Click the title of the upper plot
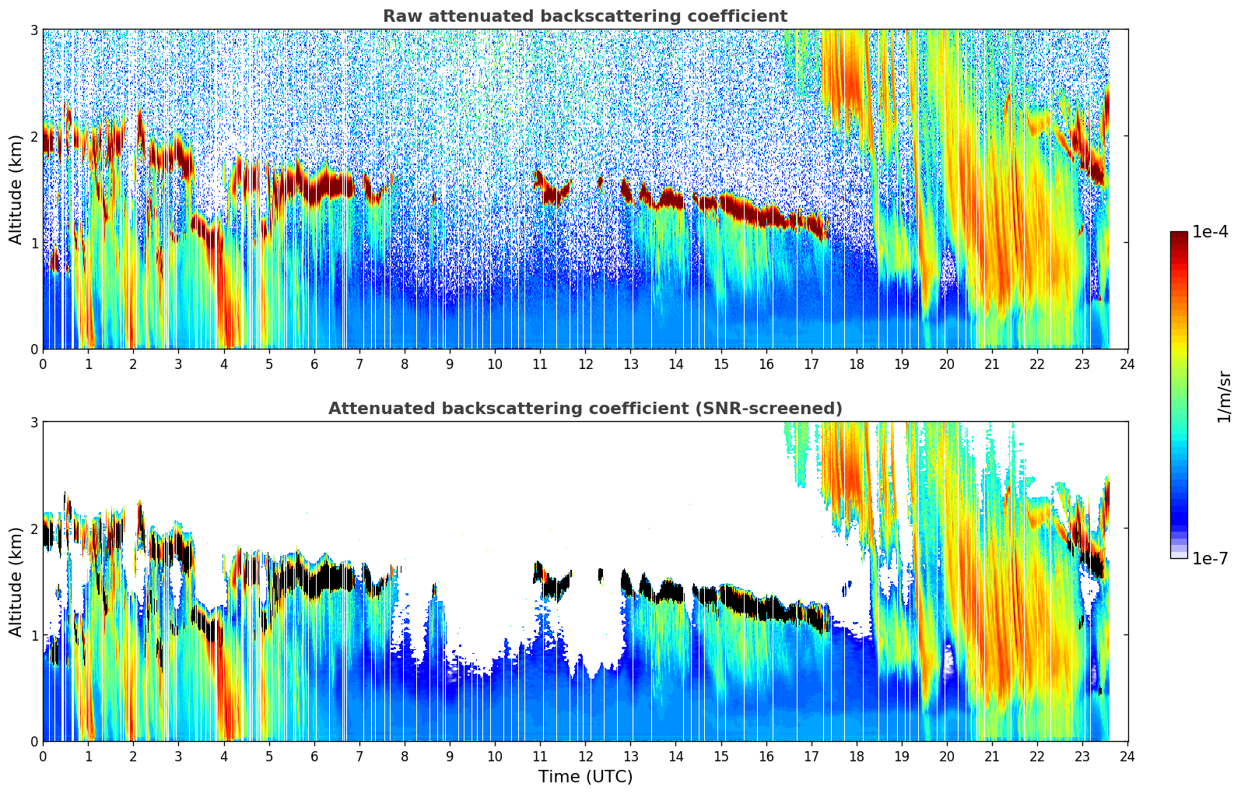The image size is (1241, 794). (x=584, y=16)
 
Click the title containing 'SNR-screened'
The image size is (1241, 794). (x=584, y=409)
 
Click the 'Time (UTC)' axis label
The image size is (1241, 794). (x=585, y=777)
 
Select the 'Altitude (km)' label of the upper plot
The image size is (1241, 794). (x=16, y=189)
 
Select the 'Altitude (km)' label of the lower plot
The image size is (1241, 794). (x=16, y=581)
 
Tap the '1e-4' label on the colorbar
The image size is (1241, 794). (x=1210, y=232)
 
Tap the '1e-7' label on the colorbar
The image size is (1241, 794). (x=1210, y=558)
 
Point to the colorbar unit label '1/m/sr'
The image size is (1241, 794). (x=1224, y=395)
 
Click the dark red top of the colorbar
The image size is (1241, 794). (x=1179, y=235)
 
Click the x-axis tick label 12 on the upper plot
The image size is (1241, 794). (x=585, y=364)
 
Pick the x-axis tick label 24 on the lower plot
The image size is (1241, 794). (x=1127, y=757)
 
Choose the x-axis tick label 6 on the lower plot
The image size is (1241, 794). (x=314, y=757)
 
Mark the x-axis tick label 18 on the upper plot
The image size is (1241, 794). (x=857, y=364)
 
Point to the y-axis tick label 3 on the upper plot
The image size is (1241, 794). (x=34, y=30)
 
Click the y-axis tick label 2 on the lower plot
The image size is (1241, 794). (x=34, y=529)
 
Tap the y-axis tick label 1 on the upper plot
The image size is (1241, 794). (x=34, y=243)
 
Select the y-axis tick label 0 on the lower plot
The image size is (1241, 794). (x=34, y=741)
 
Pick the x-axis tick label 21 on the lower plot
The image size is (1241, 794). (x=992, y=757)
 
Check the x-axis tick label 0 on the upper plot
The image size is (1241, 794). (x=43, y=364)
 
